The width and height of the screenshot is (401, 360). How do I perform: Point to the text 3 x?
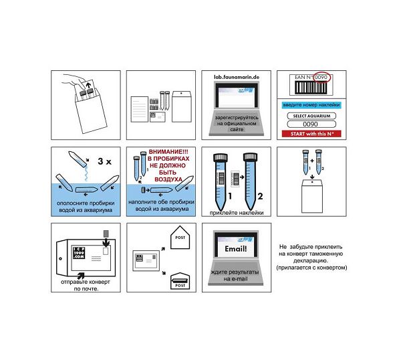(102, 161)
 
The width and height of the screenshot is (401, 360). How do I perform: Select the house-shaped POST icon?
(179, 238)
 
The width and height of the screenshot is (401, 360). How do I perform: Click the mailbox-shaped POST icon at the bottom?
(179, 280)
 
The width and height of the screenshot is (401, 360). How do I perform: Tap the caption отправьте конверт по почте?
(86, 285)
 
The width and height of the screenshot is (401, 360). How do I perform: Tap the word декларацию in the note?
(311, 261)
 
